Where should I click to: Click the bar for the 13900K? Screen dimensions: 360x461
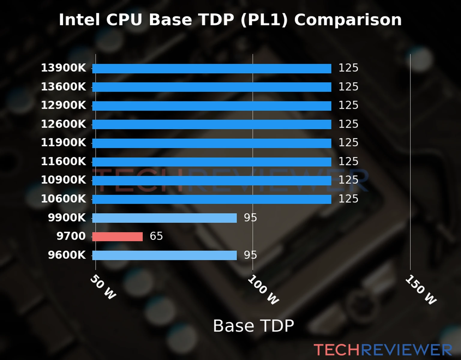coord(212,68)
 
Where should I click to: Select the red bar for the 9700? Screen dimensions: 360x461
coord(117,236)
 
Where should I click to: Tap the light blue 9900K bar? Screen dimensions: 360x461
coord(164,218)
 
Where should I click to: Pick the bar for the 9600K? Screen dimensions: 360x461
coord(164,255)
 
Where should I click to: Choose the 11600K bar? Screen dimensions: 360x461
coord(212,162)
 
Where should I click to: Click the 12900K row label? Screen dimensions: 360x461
coord(63,105)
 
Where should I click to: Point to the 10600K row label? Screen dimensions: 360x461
coord(63,199)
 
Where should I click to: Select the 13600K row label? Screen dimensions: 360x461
coord(63,87)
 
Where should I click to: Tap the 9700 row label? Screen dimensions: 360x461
coord(71,236)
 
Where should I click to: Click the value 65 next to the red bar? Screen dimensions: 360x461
coord(156,236)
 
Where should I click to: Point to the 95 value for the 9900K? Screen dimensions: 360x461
coord(250,217)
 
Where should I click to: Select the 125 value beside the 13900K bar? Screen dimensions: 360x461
coord(348,68)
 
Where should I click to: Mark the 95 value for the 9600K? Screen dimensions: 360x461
coord(250,255)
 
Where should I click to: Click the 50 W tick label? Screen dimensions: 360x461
coord(103,287)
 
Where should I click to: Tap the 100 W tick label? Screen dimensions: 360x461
coord(263,290)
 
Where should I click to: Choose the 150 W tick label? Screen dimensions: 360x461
coord(421,290)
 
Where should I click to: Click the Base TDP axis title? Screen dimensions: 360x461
coord(253,326)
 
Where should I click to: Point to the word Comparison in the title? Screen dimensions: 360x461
coord(348,20)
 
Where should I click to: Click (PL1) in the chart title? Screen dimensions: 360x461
coord(264,20)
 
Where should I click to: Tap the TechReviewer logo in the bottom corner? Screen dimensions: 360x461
coord(383,350)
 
